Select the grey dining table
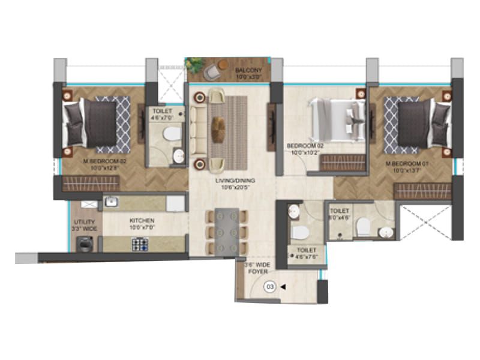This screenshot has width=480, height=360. (226, 232)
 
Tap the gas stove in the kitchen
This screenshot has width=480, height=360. (140, 244)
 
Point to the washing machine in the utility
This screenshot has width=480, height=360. (84, 243)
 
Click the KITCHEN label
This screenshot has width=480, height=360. (142, 220)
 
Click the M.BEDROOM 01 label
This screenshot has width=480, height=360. (406, 163)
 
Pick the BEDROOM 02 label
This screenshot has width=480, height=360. (305, 146)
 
